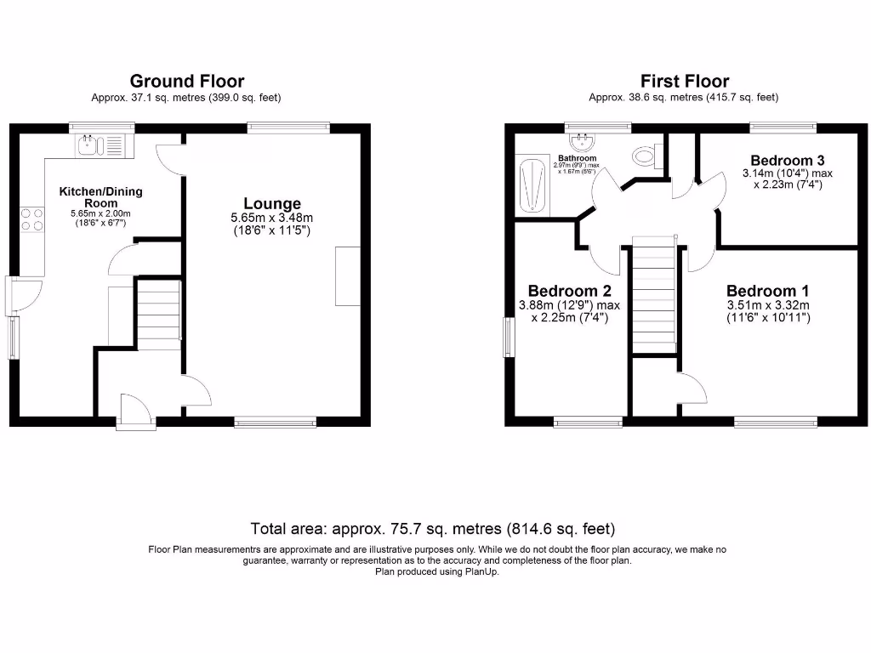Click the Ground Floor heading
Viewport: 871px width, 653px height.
[186, 82]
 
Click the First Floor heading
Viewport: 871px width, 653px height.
[685, 82]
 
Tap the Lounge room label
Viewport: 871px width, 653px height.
[272, 204]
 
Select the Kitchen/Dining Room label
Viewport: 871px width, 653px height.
[100, 197]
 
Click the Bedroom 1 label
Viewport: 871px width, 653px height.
[767, 290]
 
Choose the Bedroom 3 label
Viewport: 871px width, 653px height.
[787, 161]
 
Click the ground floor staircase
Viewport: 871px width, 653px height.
[158, 315]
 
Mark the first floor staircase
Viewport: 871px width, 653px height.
[655, 298]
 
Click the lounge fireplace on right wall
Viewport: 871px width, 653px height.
[348, 275]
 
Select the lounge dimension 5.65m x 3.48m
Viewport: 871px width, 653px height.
[272, 219]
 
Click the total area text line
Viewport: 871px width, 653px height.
[433, 528]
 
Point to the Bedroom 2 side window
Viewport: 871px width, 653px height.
[508, 338]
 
